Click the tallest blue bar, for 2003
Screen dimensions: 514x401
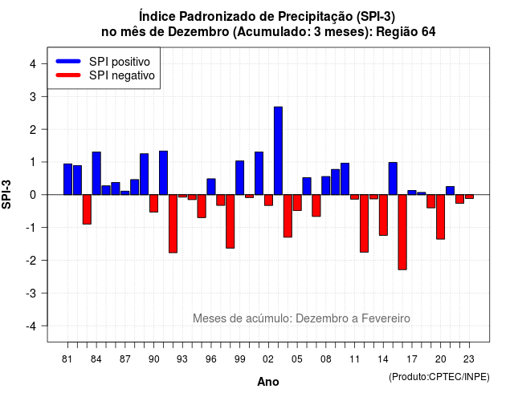pyautogui.click(x=278, y=151)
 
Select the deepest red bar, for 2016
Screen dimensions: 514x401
pyautogui.click(x=402, y=232)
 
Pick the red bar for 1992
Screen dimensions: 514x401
pyautogui.click(x=173, y=224)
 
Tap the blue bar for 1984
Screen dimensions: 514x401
pyautogui.click(x=96, y=173)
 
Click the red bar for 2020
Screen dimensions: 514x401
pyautogui.click(x=441, y=217)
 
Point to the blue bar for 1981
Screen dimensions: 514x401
pyautogui.click(x=67, y=179)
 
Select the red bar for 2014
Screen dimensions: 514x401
pyautogui.click(x=383, y=215)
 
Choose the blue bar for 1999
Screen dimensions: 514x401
pyautogui.click(x=239, y=178)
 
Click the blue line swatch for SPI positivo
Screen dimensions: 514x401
pyautogui.click(x=68, y=61)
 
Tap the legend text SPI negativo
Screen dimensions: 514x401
pyautogui.click(x=122, y=75)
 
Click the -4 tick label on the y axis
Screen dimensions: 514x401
pyautogui.click(x=31, y=326)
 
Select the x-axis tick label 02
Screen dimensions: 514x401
pyautogui.click(x=268, y=359)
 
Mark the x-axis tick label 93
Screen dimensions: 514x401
pyautogui.click(x=182, y=359)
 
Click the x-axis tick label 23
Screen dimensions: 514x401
pyautogui.click(x=469, y=359)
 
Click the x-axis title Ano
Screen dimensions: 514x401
pyautogui.click(x=267, y=382)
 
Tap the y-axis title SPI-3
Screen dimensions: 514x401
pyautogui.click(x=6, y=194)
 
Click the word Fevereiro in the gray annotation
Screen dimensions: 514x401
pyautogui.click(x=385, y=318)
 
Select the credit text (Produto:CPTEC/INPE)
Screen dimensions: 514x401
pyautogui.click(x=439, y=377)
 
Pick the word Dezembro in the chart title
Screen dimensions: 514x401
pyautogui.click(x=198, y=32)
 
